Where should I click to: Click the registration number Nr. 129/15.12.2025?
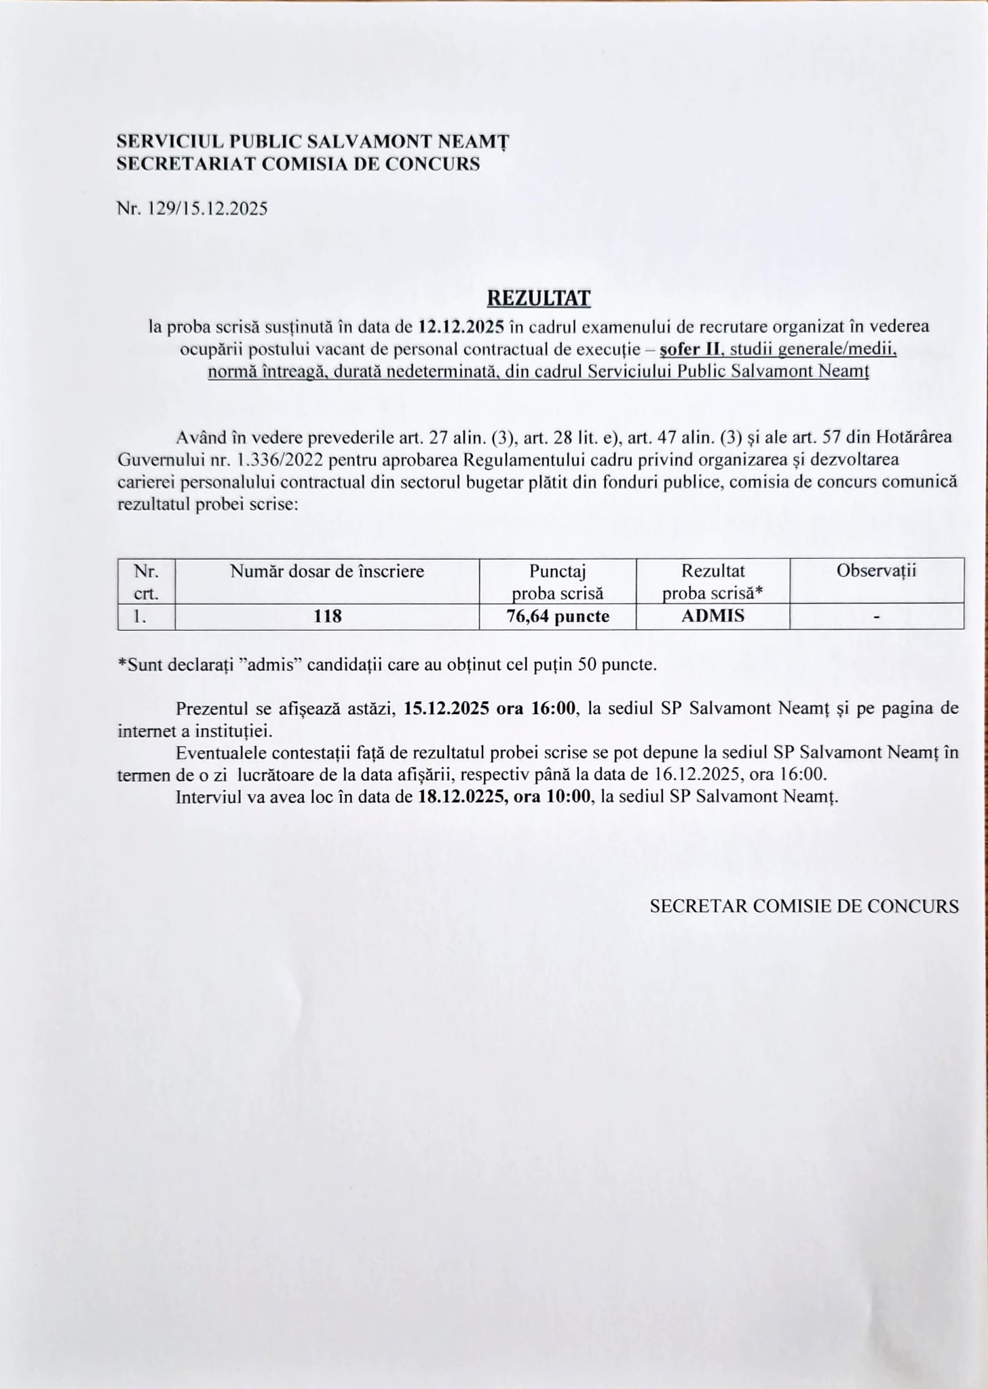click(x=192, y=208)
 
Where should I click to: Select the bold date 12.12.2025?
click(x=461, y=326)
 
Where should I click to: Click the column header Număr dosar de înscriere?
click(x=327, y=571)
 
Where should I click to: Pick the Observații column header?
click(x=876, y=570)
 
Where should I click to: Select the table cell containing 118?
click(x=327, y=616)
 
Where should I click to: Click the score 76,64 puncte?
click(x=558, y=616)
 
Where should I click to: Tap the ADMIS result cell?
click(x=712, y=616)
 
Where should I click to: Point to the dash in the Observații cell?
click(x=877, y=617)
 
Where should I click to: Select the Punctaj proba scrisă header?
click(x=557, y=582)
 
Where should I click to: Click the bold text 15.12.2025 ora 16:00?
click(x=490, y=708)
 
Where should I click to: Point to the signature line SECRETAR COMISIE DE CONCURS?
click(x=804, y=906)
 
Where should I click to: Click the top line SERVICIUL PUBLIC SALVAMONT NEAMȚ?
click(x=313, y=141)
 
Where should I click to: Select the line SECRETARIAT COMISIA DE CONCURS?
click(x=299, y=163)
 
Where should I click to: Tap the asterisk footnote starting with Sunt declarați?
click(x=387, y=664)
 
